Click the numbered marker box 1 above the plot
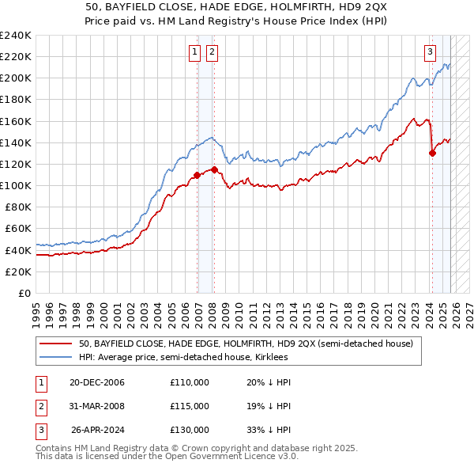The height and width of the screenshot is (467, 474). (194, 53)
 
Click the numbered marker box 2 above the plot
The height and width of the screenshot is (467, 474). (213, 53)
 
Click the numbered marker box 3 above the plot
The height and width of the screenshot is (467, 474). (430, 53)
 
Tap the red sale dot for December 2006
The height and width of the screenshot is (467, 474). (197, 175)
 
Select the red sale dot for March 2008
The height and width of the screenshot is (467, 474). (214, 169)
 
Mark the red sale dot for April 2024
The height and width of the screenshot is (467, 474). (432, 154)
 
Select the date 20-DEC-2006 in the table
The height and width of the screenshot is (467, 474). (97, 382)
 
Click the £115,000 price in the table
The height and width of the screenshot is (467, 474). (190, 406)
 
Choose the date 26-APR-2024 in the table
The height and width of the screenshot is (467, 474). (97, 430)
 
